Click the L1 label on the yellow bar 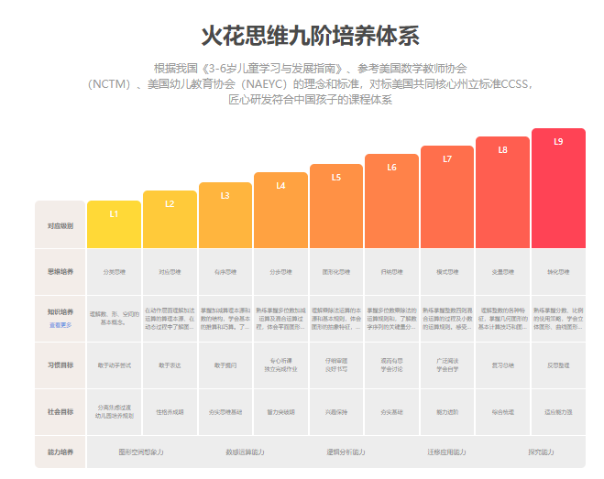(x=114, y=213)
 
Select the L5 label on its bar (x=336, y=178)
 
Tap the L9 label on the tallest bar (x=558, y=141)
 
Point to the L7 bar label (x=447, y=158)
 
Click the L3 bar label (x=225, y=195)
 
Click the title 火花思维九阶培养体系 (x=310, y=37)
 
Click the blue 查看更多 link (x=60, y=325)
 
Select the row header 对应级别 (x=60, y=224)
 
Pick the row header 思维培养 (x=60, y=272)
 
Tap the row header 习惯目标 (x=60, y=365)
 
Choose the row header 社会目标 (x=60, y=411)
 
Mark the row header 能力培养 (x=60, y=452)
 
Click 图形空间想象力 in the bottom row (x=141, y=452)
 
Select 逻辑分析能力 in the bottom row (x=346, y=452)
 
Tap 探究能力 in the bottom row (x=541, y=452)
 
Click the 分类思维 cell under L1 (x=114, y=272)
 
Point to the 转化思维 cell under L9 (x=558, y=272)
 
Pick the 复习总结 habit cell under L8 (x=502, y=365)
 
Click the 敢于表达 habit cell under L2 (x=170, y=365)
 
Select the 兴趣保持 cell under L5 (x=336, y=411)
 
